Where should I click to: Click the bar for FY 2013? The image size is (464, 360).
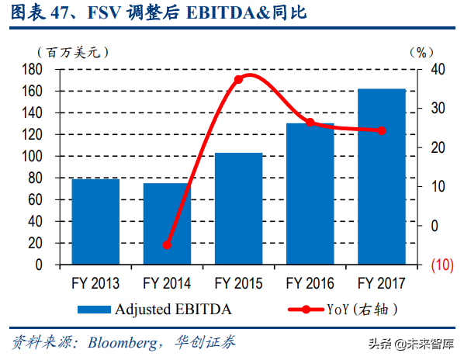[95, 222]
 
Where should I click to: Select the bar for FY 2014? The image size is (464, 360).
[166, 223]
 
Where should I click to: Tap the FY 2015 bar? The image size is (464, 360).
[238, 209]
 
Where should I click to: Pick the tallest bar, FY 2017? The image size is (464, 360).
[381, 177]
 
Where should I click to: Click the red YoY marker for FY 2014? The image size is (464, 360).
[167, 245]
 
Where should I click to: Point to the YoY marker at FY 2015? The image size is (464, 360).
[238, 79]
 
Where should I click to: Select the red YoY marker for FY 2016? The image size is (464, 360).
[310, 123]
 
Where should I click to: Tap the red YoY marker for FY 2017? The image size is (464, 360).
[381, 130]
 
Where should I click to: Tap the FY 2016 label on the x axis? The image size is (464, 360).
[310, 283]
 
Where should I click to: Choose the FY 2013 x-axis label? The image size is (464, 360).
[95, 283]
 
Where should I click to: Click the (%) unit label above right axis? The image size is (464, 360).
[420, 52]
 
